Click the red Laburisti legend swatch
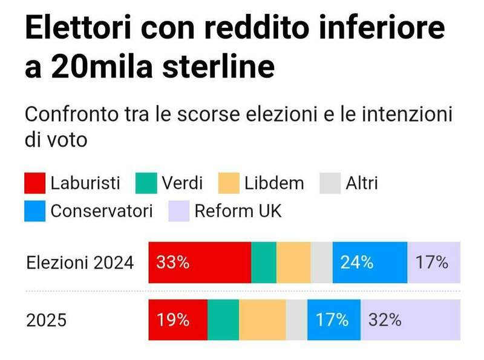[34, 183]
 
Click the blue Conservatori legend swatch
[34, 211]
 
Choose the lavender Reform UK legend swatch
[178, 211]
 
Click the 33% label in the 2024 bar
[173, 263]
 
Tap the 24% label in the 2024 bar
[356, 263]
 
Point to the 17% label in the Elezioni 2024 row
[432, 263]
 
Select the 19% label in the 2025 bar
[173, 319]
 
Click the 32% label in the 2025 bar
[385, 319]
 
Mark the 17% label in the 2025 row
[332, 319]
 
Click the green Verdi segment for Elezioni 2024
[263, 263]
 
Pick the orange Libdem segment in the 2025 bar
[262, 319]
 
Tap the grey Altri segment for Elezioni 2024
[321, 263]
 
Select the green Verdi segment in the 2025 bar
[223, 319]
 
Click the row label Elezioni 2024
[80, 263]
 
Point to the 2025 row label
[46, 320]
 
